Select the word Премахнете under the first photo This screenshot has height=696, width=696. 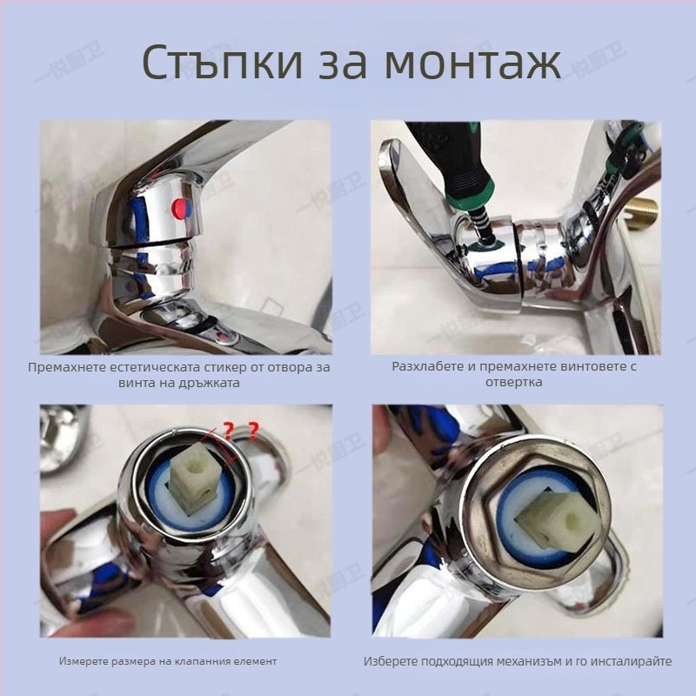point(68,367)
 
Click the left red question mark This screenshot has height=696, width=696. point(228,430)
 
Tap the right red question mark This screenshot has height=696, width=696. point(253,429)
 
